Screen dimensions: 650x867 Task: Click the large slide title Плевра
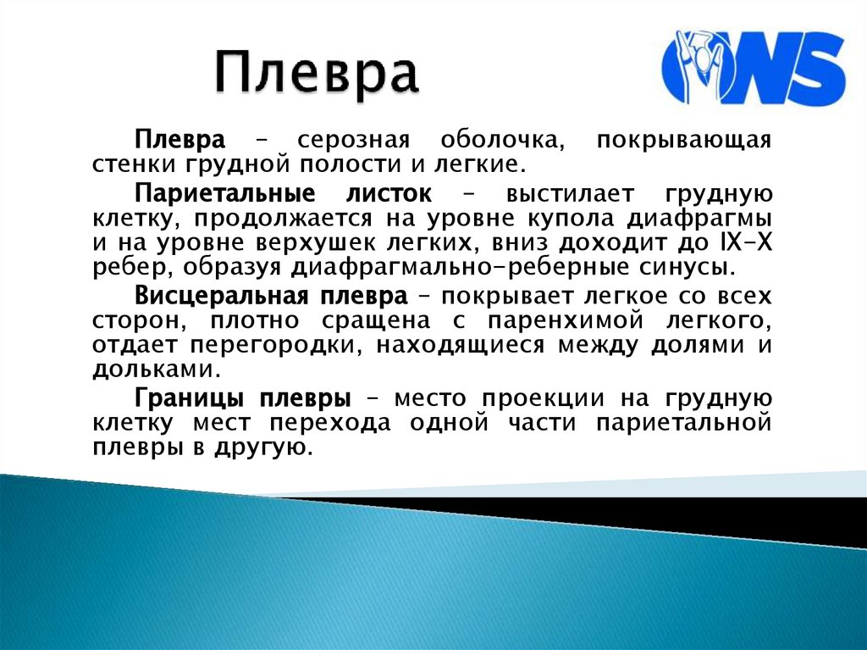(x=316, y=74)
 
